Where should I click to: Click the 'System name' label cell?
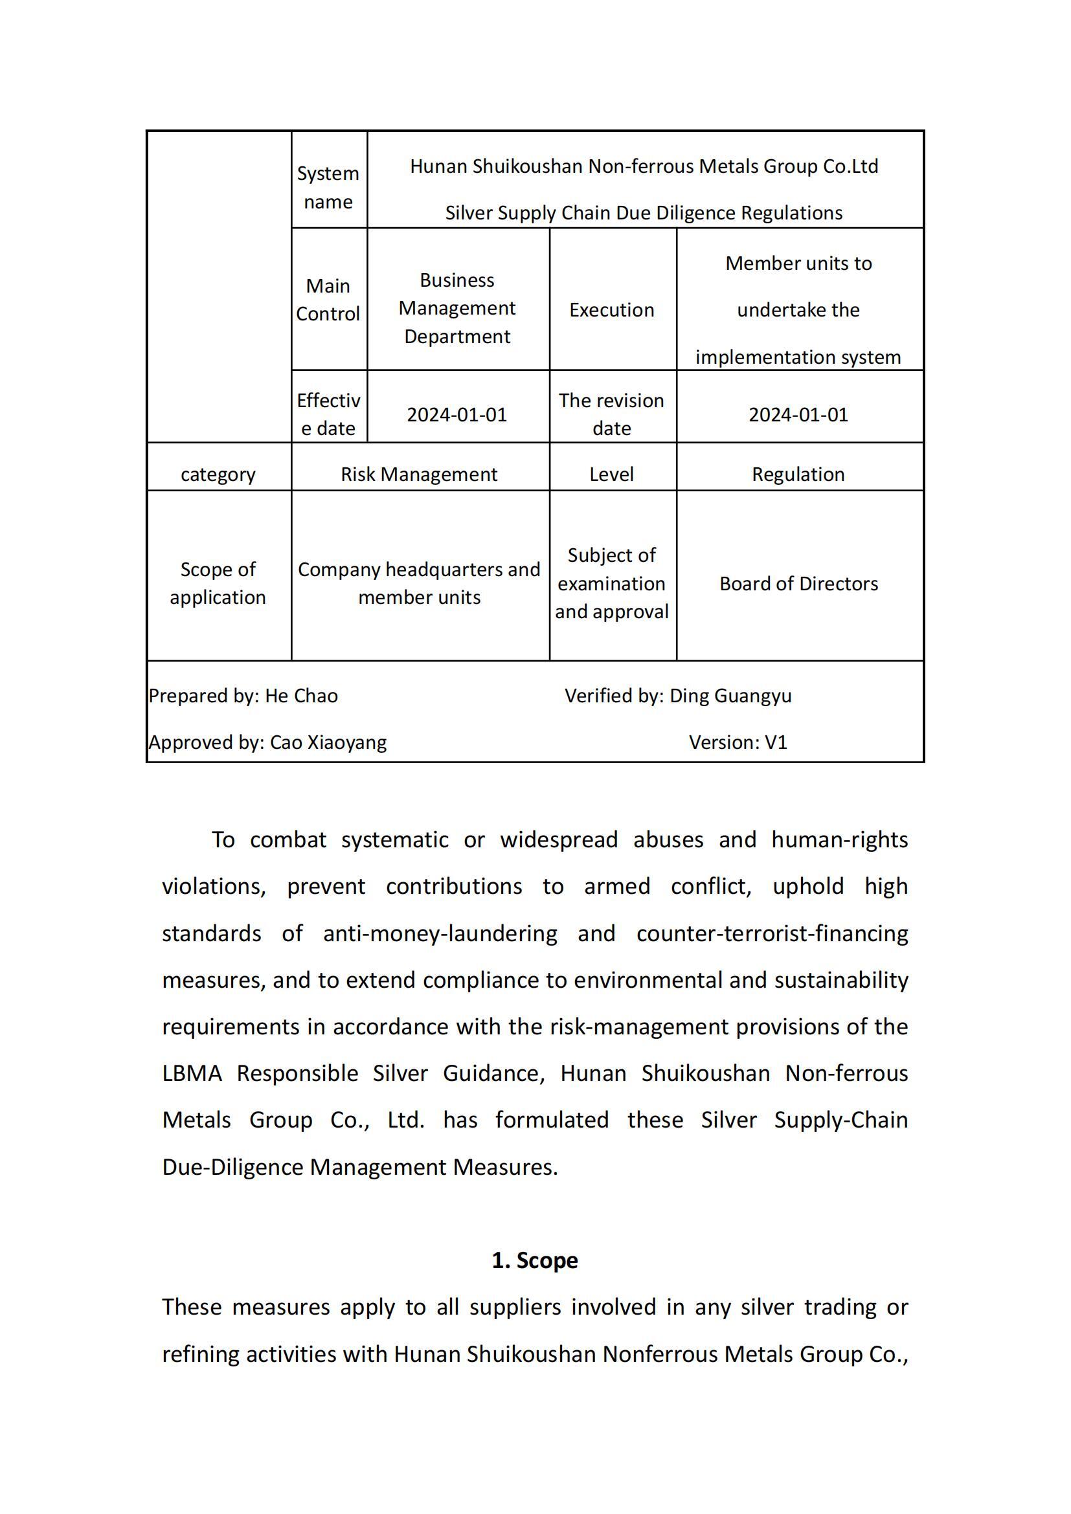click(328, 187)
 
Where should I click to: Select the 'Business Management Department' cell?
click(457, 308)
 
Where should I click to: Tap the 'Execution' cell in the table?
click(611, 310)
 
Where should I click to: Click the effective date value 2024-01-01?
click(457, 415)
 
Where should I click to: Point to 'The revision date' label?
click(611, 414)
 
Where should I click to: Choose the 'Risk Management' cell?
click(419, 474)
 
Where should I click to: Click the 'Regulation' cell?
click(798, 474)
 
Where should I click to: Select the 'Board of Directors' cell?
click(798, 584)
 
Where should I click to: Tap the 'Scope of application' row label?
click(218, 583)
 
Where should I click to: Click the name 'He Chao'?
click(301, 696)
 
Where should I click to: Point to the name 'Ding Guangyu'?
click(730, 696)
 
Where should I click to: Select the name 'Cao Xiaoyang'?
click(328, 742)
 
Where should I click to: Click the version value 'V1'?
click(776, 742)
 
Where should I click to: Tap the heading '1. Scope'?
click(535, 1260)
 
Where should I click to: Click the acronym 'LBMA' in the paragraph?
click(192, 1073)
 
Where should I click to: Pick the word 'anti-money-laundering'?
click(440, 934)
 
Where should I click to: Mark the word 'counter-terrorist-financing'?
click(772, 934)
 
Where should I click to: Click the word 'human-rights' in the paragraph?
click(840, 840)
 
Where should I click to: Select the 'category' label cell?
click(218, 474)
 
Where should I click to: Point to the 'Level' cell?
click(611, 474)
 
